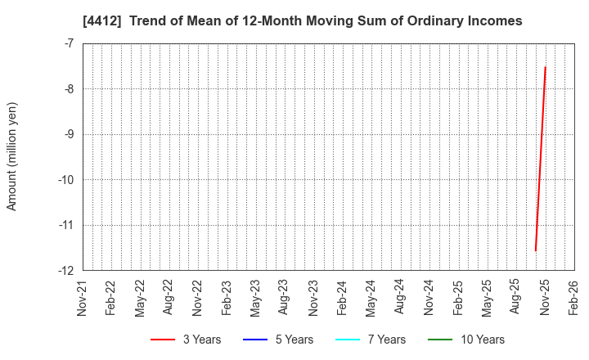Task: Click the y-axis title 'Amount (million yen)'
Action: coord(12,156)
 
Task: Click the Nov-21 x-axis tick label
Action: coord(82,298)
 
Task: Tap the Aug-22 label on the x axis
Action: coord(169,298)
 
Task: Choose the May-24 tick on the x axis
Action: coord(371,298)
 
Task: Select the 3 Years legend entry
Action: coord(185,340)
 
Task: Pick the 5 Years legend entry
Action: coord(278,340)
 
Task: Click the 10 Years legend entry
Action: coord(465,340)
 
